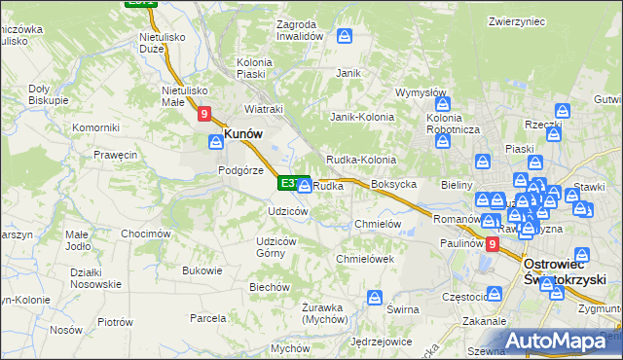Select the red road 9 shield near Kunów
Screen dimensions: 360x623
pyautogui.click(x=203, y=114)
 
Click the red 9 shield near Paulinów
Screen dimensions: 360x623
pyautogui.click(x=492, y=245)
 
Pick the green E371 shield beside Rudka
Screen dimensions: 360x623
pyautogui.click(x=290, y=182)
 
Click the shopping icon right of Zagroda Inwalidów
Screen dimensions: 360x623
pyautogui.click(x=345, y=37)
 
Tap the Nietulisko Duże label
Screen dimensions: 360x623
pyautogui.click(x=137, y=39)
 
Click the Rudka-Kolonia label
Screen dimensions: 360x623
pyautogui.click(x=360, y=160)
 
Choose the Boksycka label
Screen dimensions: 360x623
pyautogui.click(x=394, y=184)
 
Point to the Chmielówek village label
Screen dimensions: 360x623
pyautogui.click(x=364, y=259)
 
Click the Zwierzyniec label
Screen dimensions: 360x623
pyautogui.click(x=516, y=21)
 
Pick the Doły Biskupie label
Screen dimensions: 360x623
pyautogui.click(x=48, y=93)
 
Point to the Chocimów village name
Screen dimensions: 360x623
pyautogui.click(x=146, y=234)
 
